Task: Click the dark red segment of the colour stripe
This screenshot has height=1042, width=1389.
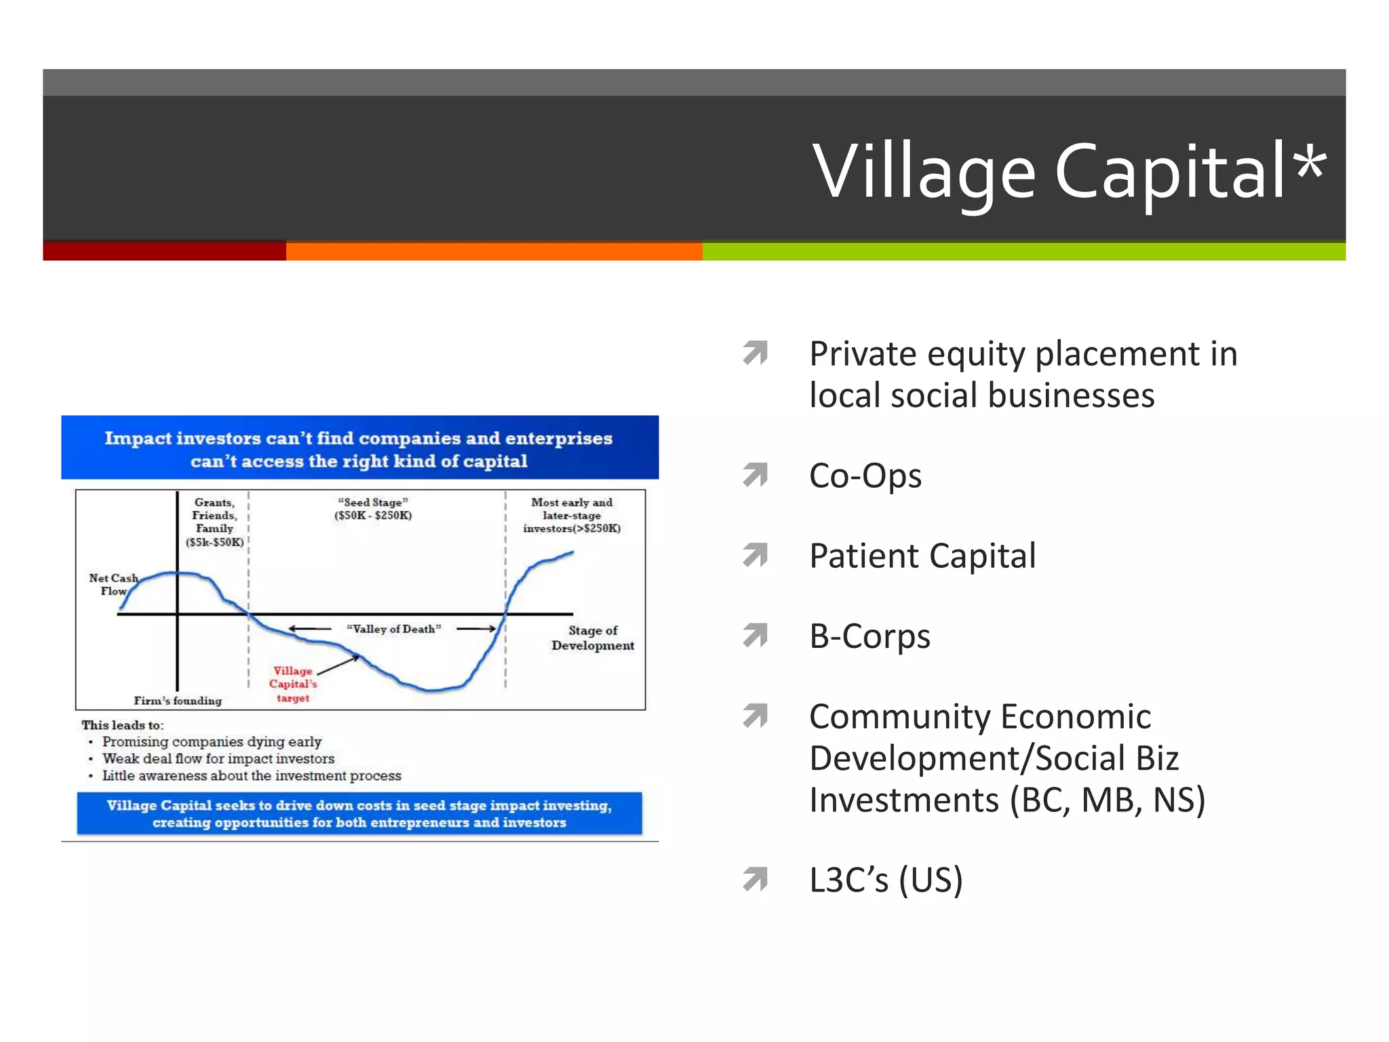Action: pyautogui.click(x=164, y=251)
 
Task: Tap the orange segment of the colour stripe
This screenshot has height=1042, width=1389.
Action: pyautogui.click(x=494, y=251)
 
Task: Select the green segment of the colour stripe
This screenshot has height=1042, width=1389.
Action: pyautogui.click(x=1023, y=251)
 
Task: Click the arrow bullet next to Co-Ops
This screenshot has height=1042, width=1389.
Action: pyautogui.click(x=755, y=474)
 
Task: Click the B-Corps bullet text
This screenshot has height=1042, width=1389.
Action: pyautogui.click(x=869, y=636)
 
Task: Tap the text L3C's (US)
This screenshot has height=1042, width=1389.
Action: pyautogui.click(x=886, y=880)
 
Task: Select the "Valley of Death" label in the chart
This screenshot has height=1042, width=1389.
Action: pyautogui.click(x=393, y=629)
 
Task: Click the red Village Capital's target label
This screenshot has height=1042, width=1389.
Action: pyautogui.click(x=293, y=684)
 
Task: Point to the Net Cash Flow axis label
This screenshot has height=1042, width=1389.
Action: pyautogui.click(x=113, y=584)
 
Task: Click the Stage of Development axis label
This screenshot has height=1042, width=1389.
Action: pyautogui.click(x=593, y=638)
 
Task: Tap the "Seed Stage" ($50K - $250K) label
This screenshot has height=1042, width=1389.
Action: pyautogui.click(x=373, y=509)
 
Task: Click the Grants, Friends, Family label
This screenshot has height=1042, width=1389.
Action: pyautogui.click(x=214, y=522)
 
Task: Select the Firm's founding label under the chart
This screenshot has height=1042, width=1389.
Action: pyautogui.click(x=178, y=701)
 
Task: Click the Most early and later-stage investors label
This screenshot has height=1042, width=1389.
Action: pyautogui.click(x=572, y=515)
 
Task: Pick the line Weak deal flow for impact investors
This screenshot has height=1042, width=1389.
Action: pyautogui.click(x=218, y=758)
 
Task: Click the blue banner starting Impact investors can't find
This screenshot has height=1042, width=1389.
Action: pyautogui.click(x=359, y=448)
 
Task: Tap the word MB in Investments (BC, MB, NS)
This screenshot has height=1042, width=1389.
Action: pyautogui.click(x=1102, y=800)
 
